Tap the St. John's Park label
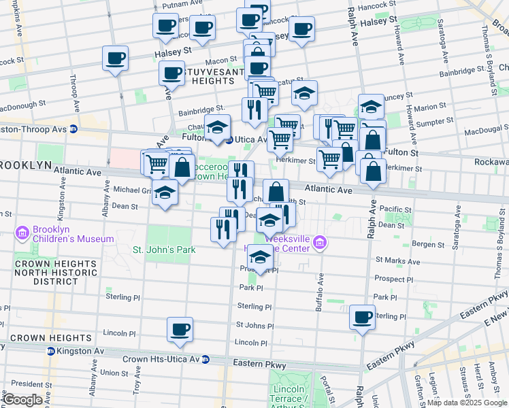point(164,250)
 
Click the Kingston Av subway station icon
point(50,351)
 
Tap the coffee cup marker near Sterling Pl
point(362,317)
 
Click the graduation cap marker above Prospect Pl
point(259,257)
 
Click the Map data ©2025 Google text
point(467,403)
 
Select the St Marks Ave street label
point(390,260)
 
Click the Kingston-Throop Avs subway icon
point(73,129)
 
